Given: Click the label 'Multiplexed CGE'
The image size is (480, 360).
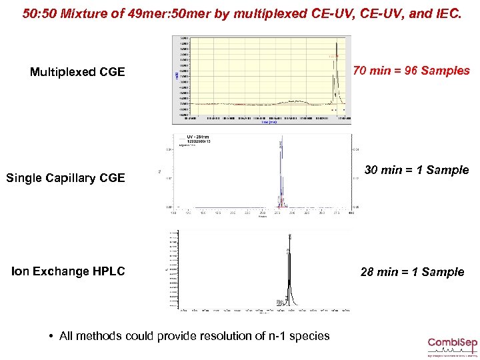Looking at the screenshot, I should tap(77, 72).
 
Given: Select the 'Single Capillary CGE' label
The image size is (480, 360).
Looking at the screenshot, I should tap(65, 178).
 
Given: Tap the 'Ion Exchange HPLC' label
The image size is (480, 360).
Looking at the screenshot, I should tap(68, 271).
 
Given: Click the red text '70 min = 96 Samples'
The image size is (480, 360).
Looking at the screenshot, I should tap(411, 71).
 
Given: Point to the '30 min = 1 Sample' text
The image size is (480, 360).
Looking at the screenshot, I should tap(417, 170).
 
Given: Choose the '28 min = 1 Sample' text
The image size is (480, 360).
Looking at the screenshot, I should tap(412, 272).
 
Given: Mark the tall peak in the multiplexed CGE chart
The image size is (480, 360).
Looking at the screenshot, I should tap(338, 60).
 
